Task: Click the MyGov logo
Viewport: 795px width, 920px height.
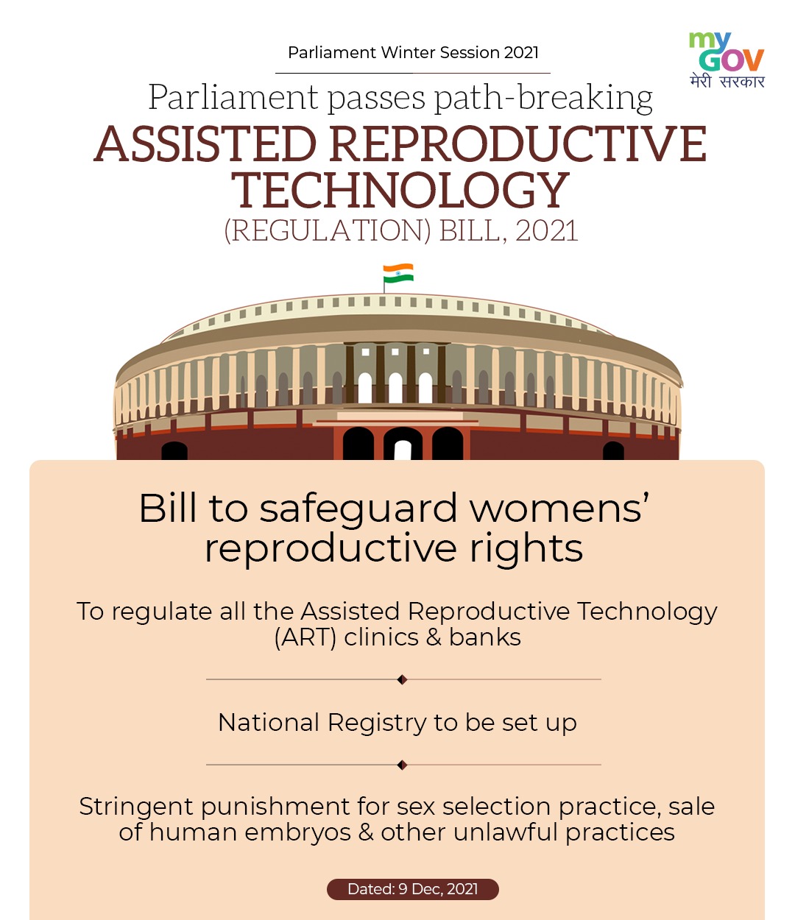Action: pos(727,60)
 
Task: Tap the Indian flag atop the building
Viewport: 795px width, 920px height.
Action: pos(398,273)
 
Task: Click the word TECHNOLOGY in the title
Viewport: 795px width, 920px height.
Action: pos(400,191)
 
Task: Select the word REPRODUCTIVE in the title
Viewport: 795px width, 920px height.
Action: pos(517,144)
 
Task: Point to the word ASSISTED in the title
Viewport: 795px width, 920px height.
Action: pos(205,144)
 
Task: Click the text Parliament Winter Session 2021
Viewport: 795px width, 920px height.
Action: pos(413,52)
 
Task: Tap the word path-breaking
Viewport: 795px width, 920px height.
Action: pos(543,98)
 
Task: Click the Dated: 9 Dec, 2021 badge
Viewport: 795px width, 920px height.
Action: pos(413,889)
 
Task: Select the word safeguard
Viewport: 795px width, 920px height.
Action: pos(358,509)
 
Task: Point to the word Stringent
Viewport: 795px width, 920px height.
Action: pos(136,807)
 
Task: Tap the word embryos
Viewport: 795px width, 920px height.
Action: pos(298,832)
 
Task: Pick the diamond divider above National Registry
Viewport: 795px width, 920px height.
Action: pos(403,679)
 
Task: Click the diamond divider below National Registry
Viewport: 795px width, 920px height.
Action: pos(403,765)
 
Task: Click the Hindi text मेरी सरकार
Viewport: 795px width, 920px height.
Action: pos(727,82)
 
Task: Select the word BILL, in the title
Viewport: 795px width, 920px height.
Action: pos(473,231)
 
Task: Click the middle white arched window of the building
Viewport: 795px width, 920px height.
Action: pos(395,388)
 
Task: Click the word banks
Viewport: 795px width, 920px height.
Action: pos(485,637)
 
